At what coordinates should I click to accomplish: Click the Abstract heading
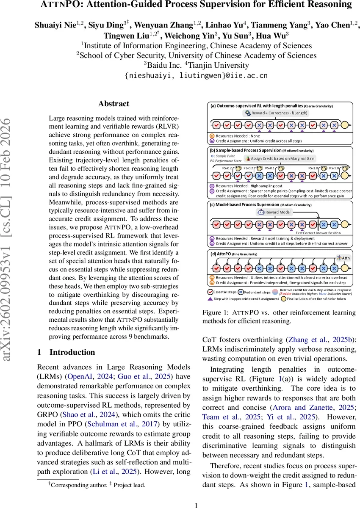[x=114, y=103]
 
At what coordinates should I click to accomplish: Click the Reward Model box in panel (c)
[x=275, y=212]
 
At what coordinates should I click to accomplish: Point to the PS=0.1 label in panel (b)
[x=270, y=168]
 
